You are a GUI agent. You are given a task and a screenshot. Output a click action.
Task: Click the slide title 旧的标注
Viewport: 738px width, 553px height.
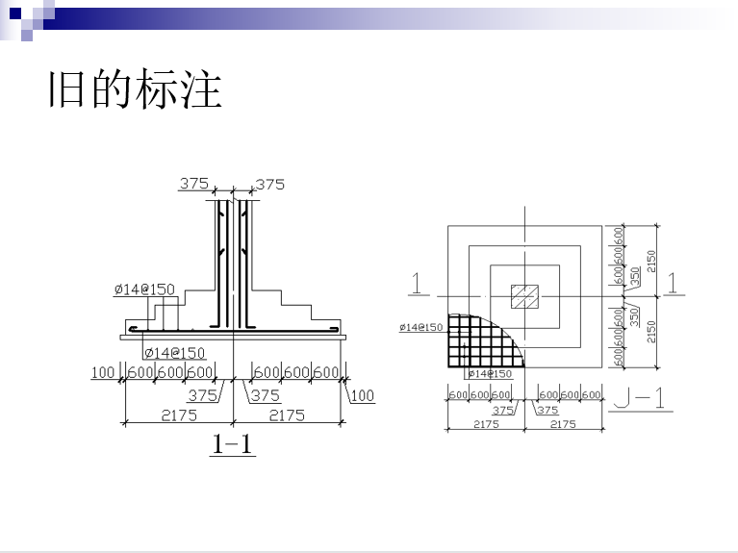[x=135, y=89]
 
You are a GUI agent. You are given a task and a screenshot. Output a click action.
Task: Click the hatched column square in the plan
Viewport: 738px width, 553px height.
[x=524, y=296]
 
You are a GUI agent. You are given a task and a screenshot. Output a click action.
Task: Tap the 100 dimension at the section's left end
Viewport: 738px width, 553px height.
[x=103, y=372]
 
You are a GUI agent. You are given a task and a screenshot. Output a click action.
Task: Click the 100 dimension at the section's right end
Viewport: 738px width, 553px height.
[x=362, y=395]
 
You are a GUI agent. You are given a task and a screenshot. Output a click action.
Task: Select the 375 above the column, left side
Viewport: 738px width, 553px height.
[x=194, y=184]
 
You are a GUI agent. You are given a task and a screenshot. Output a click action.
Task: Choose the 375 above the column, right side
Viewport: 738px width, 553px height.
[x=270, y=184]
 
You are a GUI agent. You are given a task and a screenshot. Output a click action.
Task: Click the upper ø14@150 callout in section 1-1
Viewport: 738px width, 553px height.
[x=144, y=289]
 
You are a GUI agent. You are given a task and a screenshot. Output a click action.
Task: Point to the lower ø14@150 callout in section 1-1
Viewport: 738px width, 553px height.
[x=174, y=353]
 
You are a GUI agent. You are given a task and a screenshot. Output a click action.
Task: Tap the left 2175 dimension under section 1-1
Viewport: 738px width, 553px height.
[x=178, y=415]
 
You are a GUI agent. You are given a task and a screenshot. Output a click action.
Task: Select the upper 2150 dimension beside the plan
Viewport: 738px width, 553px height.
[x=651, y=260]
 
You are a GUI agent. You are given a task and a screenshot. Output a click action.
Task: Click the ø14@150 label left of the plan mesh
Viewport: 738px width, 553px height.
[x=421, y=328]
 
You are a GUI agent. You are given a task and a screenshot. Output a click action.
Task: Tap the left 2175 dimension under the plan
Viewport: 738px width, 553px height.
[x=486, y=424]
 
